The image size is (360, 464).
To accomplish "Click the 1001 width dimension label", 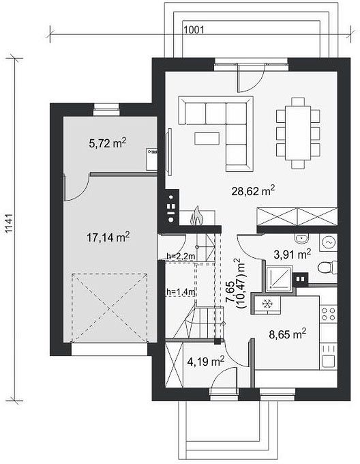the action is tap(194, 29).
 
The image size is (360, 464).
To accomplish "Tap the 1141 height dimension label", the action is tap(10, 223).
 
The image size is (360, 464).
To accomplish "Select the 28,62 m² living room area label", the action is tap(254, 190).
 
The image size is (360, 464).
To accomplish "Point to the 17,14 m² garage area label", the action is tap(108, 237).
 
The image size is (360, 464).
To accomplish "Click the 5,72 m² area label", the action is tap(108, 143).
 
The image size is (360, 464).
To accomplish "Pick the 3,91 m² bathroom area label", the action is tap(292, 254).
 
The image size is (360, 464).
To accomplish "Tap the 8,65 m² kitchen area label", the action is tap(287, 334).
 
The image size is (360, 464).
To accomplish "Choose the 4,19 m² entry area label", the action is tap(206, 360).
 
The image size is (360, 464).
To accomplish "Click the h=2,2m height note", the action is tap(181, 257).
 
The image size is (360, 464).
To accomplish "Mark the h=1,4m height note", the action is tap(181, 292).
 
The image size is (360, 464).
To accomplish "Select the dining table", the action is tap(298, 134).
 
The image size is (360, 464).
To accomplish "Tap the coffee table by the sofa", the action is tap(207, 139).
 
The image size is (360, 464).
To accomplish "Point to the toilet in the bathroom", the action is tap(327, 267).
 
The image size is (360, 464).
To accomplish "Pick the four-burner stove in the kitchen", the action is tap(329, 314).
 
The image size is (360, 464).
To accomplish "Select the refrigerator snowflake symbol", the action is tap(267, 304).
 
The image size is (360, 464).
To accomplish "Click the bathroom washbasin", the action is tap(301, 238).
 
